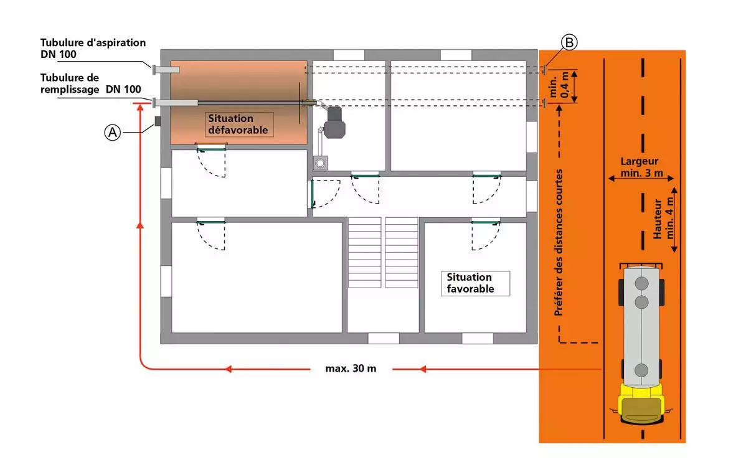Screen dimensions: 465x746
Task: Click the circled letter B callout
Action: pyautogui.click(x=569, y=42)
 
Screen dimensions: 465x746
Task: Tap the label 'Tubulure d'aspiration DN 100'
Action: pyautogui.click(x=93, y=49)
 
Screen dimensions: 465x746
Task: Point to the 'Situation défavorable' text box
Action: pyautogui.click(x=239, y=124)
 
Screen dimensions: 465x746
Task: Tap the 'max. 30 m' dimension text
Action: pyautogui.click(x=351, y=368)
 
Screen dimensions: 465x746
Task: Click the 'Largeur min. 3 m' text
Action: pyautogui.click(x=641, y=166)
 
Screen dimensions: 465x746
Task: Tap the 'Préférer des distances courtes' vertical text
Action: pyautogui.click(x=559, y=242)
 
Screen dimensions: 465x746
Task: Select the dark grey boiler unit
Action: pyautogui.click(x=334, y=123)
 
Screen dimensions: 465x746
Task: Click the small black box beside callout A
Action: pyautogui.click(x=157, y=121)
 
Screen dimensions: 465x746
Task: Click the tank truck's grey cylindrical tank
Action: pyautogui.click(x=641, y=324)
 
